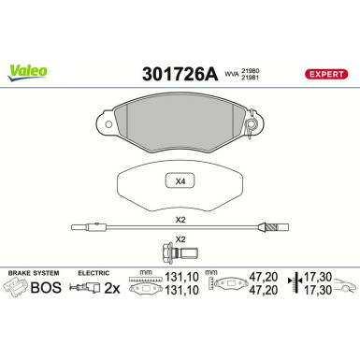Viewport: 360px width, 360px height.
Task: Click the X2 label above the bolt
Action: tap(180, 239)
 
